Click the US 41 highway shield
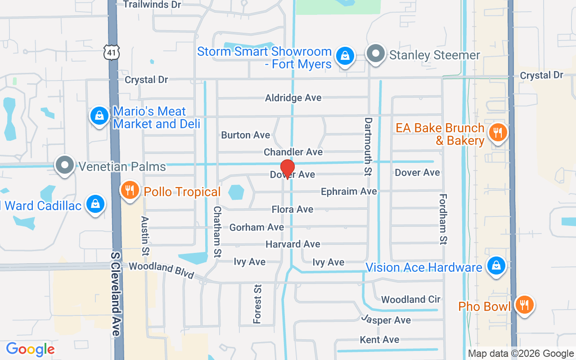111,53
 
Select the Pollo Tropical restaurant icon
130,190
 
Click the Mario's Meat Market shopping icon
99,116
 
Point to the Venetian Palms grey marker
65,165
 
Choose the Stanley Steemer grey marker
375,54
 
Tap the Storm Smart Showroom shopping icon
345,56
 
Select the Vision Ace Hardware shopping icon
496,266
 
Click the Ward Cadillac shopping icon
95,204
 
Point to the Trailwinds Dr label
152,4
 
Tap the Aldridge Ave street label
293,98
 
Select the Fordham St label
443,219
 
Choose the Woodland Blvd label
161,270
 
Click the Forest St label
257,304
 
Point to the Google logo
30,349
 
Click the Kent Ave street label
379,339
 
